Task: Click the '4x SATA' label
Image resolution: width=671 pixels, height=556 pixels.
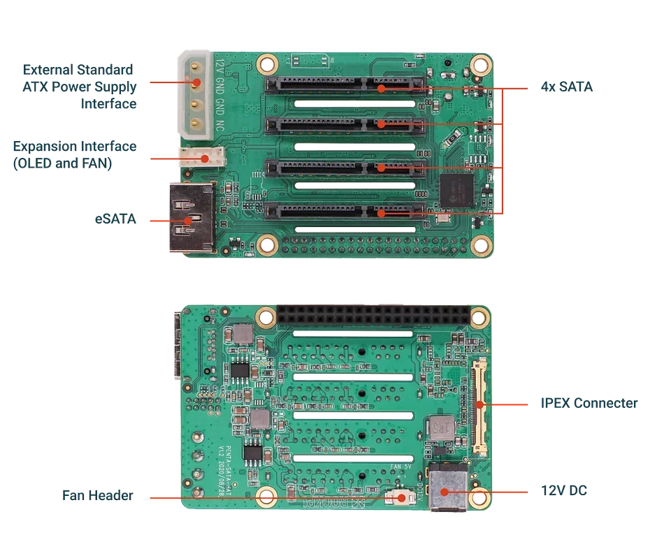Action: click(x=566, y=88)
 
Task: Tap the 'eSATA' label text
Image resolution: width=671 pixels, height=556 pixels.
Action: click(x=116, y=219)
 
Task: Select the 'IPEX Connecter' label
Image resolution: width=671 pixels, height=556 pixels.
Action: click(x=589, y=403)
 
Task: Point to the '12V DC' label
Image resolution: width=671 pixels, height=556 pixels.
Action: click(x=564, y=491)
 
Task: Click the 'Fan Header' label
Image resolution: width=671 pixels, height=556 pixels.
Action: click(x=97, y=495)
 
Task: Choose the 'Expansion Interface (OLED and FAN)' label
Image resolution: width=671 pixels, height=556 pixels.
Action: click(x=75, y=154)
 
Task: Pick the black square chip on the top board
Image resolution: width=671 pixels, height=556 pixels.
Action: click(x=457, y=191)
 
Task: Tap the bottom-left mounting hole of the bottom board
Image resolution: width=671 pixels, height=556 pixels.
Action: click(x=266, y=497)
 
